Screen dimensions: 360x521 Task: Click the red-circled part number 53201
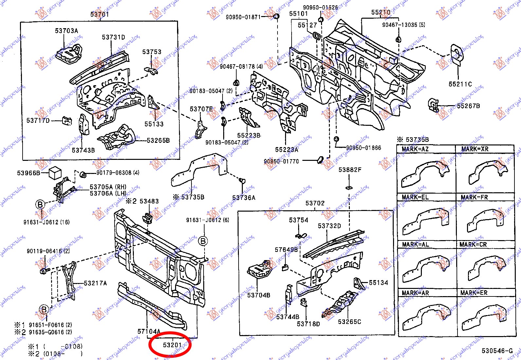point(172,345)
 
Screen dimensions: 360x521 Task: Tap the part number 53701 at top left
point(99,14)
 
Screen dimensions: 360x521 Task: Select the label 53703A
point(66,31)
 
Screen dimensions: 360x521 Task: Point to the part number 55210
point(381,12)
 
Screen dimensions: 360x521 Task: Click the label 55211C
point(460,84)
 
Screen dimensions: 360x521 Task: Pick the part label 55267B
point(468,106)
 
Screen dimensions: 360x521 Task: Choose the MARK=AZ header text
point(415,149)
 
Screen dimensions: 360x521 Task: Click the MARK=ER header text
point(474,293)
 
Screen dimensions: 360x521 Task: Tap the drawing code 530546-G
point(497,351)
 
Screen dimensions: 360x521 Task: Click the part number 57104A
point(149,332)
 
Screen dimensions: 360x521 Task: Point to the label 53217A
point(95,283)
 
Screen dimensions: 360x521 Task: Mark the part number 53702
point(315,203)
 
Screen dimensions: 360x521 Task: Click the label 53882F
point(350,170)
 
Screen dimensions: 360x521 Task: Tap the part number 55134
point(378,283)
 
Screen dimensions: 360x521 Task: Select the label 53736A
point(243,198)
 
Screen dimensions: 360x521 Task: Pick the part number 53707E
point(201,109)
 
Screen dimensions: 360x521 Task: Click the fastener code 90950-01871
point(243,17)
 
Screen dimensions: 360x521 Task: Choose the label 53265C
point(349,322)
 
